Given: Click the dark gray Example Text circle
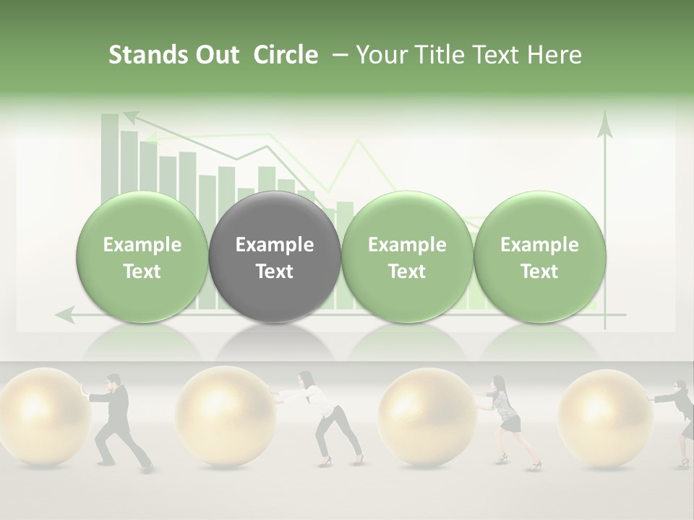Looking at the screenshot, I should coord(275,257).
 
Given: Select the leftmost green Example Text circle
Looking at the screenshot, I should coord(142,257).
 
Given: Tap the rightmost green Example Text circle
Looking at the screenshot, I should coord(539,257).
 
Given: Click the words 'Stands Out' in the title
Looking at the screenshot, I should coord(174,55).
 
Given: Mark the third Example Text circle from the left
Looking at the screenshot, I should coord(407,257).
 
